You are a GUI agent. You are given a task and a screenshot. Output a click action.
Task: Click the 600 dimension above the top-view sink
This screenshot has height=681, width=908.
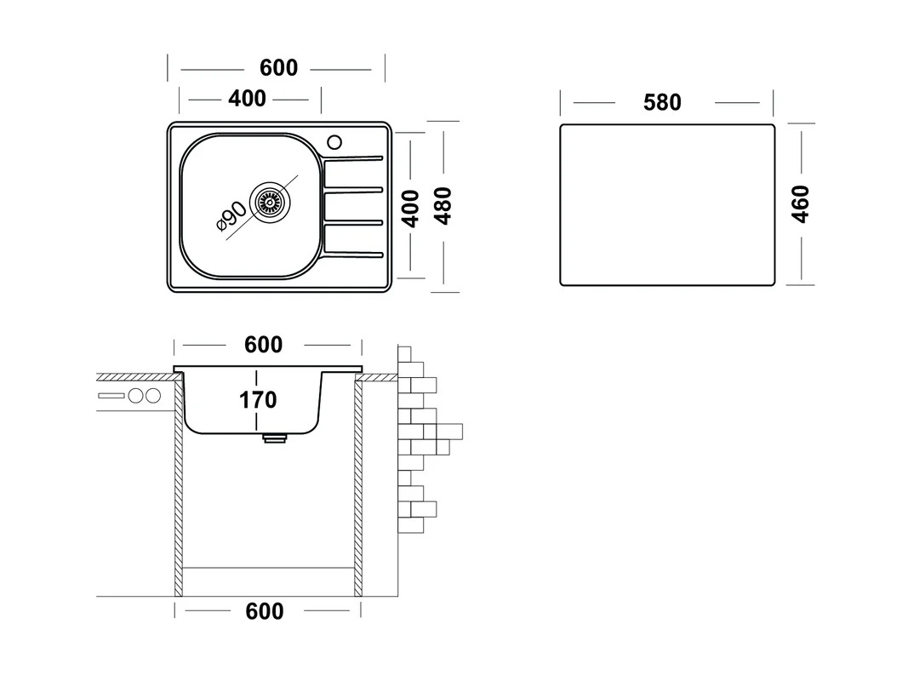pyautogui.click(x=278, y=68)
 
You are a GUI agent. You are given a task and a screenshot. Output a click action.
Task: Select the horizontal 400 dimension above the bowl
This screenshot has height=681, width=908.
pyautogui.click(x=248, y=99)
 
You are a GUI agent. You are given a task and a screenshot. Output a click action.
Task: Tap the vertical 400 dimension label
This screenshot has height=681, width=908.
pyautogui.click(x=410, y=209)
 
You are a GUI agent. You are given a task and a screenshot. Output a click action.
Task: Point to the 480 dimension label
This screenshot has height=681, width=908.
pyautogui.click(x=443, y=206)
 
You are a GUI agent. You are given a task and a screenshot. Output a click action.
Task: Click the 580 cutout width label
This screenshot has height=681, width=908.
pyautogui.click(x=662, y=102)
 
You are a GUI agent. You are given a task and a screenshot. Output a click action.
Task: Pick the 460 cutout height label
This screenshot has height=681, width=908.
pyautogui.click(x=800, y=203)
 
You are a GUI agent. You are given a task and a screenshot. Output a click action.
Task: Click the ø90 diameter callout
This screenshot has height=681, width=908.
pyautogui.click(x=231, y=215)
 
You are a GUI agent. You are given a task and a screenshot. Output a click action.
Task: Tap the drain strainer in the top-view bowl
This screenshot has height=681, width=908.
pyautogui.click(x=270, y=202)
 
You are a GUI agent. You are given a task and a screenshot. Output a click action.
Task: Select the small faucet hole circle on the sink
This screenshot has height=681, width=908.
pyautogui.click(x=334, y=142)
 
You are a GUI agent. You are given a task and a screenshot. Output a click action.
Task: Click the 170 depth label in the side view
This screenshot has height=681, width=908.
pyautogui.click(x=258, y=399)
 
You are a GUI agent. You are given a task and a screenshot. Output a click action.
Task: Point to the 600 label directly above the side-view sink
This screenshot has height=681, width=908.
pyautogui.click(x=264, y=345)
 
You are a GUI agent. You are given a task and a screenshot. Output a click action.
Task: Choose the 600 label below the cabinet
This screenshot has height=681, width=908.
pyautogui.click(x=265, y=611)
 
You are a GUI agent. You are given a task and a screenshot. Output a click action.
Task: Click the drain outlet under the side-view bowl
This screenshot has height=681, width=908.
pyautogui.click(x=275, y=438)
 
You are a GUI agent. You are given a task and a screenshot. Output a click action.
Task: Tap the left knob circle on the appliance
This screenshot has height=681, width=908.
pyautogui.click(x=137, y=396)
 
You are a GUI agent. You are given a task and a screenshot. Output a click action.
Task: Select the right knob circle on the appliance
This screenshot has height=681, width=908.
pyautogui.click(x=153, y=396)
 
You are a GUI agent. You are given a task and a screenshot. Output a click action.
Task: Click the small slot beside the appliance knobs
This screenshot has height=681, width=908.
pyautogui.click(x=111, y=396)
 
